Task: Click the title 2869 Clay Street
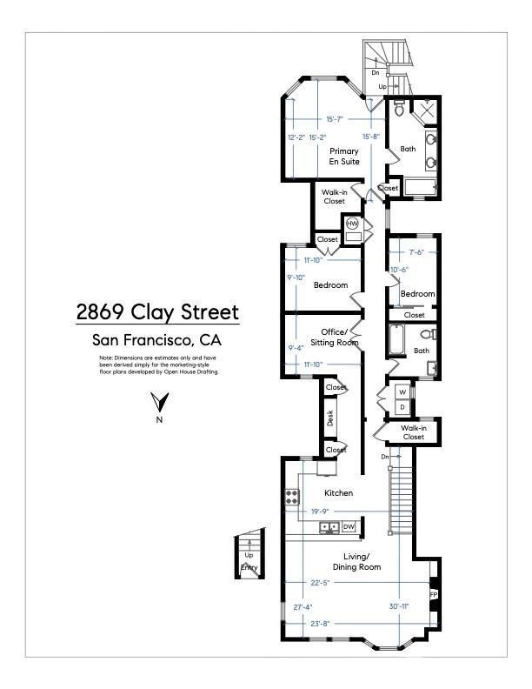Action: [156, 311]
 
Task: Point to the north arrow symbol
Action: [158, 403]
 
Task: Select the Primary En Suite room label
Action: [344, 157]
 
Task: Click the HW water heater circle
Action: [352, 224]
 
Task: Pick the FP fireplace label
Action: [433, 595]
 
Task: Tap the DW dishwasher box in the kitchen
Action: [349, 527]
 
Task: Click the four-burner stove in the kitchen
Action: [291, 498]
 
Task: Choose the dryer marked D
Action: [402, 407]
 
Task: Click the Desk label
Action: [330, 418]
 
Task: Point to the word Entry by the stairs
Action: [249, 568]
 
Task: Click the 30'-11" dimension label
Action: [399, 606]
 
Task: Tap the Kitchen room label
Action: [338, 493]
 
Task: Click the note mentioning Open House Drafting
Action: [159, 365]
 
